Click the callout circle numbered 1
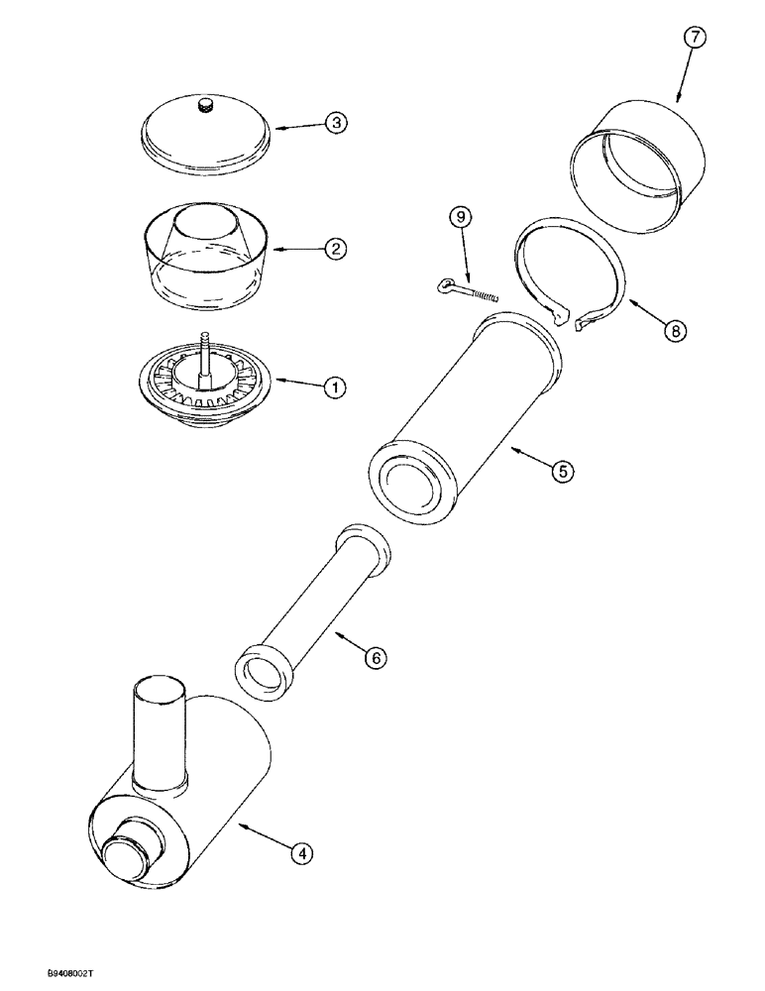[334, 387]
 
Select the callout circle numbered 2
[336, 249]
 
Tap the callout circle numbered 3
[336, 124]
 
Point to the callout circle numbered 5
[562, 472]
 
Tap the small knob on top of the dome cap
[206, 106]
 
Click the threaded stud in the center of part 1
[205, 352]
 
